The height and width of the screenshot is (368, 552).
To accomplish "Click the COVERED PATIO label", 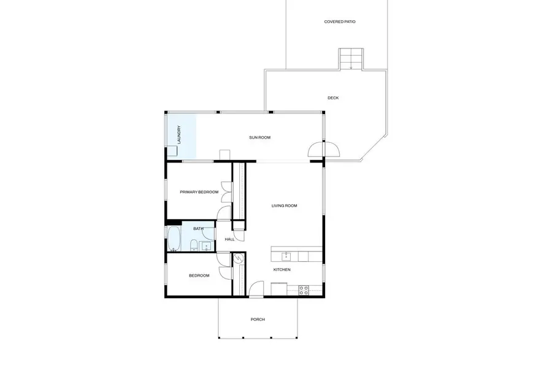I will click(x=340, y=22).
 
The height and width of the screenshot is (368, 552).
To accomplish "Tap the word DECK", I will click(x=333, y=98).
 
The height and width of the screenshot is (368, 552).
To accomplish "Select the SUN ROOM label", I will click(x=259, y=138).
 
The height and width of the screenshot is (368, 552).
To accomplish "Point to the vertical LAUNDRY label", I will click(x=179, y=135).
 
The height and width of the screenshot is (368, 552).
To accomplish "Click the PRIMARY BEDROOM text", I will click(x=199, y=192).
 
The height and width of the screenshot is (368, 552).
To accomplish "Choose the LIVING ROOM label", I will click(x=284, y=206).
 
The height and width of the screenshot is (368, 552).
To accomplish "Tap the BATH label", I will click(x=198, y=229).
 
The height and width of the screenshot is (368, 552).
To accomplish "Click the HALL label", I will click(x=229, y=239).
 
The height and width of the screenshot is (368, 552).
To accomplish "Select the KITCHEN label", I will click(x=282, y=270).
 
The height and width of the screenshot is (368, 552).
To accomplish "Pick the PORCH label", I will click(x=258, y=320).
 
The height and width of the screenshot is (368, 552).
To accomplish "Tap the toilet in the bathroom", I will click(x=194, y=246).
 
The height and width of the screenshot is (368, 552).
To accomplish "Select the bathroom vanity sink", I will click(x=207, y=246).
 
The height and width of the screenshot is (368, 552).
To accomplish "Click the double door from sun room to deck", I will click(x=323, y=150).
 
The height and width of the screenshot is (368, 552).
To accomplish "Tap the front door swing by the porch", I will click(x=256, y=288).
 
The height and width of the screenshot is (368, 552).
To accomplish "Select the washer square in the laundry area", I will click(x=171, y=152).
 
